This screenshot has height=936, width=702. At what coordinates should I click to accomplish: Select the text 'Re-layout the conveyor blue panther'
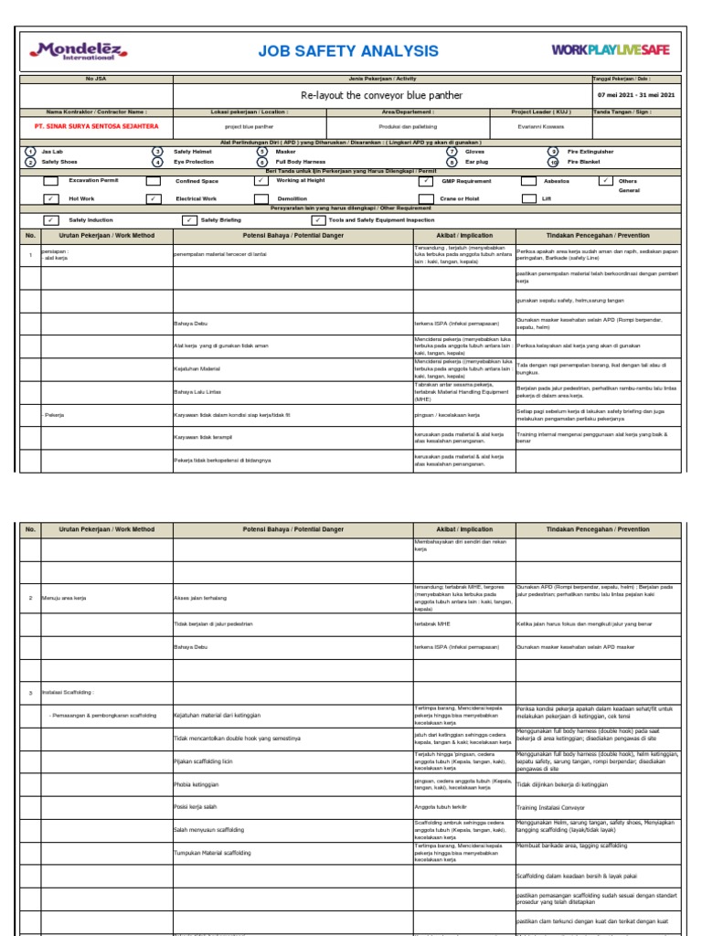[x=381, y=95]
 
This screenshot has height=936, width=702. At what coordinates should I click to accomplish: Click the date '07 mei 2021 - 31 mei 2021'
[x=636, y=95]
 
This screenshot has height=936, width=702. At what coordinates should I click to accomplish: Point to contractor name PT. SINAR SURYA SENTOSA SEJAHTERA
[x=96, y=125]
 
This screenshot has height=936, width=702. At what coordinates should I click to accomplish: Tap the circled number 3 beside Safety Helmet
[x=157, y=152]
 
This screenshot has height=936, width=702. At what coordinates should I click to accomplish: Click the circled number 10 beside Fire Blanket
[x=553, y=162]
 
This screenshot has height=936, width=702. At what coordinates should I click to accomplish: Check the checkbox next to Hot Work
[x=51, y=198]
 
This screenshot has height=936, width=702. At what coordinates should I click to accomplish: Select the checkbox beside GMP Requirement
[x=426, y=181]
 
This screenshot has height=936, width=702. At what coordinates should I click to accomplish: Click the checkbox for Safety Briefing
[x=189, y=220]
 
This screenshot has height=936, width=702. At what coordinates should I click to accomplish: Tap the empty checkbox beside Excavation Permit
[x=51, y=181]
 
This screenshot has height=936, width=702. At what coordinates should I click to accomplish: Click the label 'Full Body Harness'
[x=301, y=162]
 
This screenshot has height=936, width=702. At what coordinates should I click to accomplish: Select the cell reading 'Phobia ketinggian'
[x=194, y=784]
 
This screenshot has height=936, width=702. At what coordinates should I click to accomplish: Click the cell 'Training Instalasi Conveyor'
[x=552, y=807]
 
